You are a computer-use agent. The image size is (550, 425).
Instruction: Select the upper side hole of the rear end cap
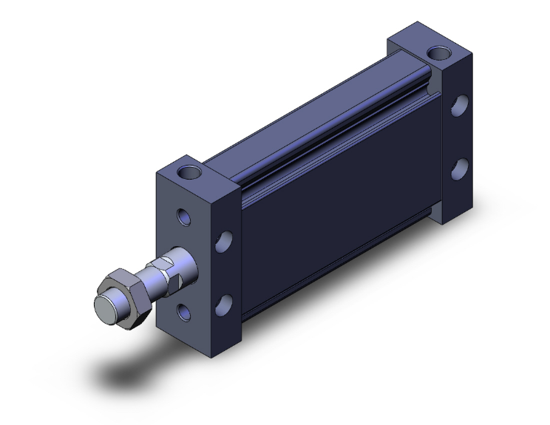[x=459, y=106]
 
